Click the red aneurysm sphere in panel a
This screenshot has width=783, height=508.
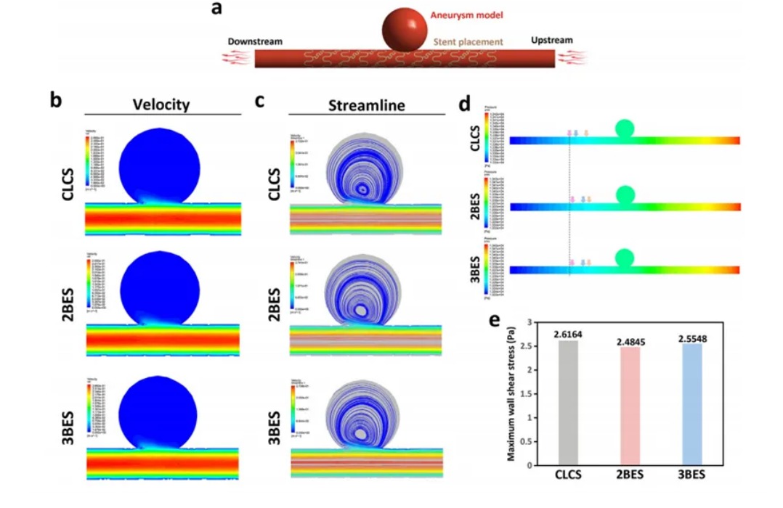click(x=405, y=29)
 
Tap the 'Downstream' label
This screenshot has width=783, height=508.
click(x=255, y=41)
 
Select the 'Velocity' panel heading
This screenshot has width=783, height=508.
click(x=161, y=104)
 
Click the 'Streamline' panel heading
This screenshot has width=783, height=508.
click(x=366, y=105)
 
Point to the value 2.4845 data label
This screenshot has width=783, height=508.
click(x=630, y=341)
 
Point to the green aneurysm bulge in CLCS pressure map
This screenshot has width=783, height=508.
click(x=625, y=128)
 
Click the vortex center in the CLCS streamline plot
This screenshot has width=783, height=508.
click(x=362, y=187)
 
